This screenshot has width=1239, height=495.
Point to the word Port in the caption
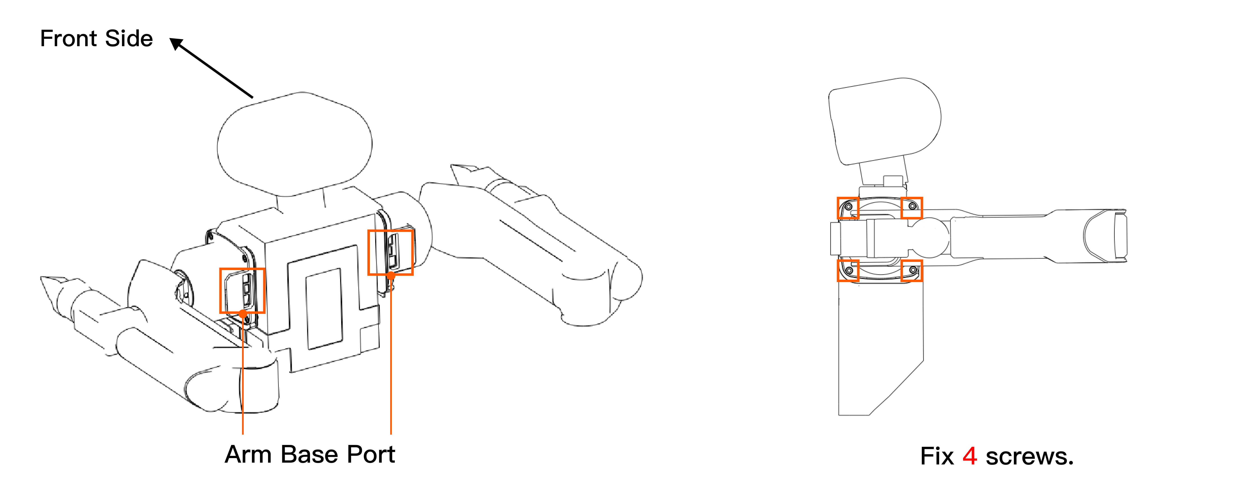(x=370, y=455)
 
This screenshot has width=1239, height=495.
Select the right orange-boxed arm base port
(x=390, y=252)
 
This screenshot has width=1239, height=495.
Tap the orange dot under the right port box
(x=391, y=275)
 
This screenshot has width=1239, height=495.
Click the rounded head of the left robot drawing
(x=294, y=144)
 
